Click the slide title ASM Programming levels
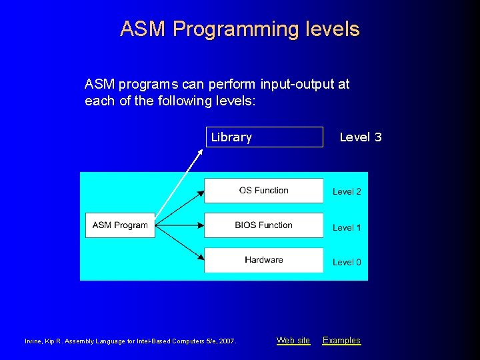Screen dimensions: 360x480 tap(239, 29)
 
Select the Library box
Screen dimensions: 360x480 tap(264, 137)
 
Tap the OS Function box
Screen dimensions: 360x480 tap(263, 191)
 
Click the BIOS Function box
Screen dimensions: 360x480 tap(263, 225)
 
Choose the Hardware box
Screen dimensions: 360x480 tap(263, 260)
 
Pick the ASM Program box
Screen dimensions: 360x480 tap(120, 225)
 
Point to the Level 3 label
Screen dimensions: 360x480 tap(360, 137)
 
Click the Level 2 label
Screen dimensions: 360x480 tap(347, 191)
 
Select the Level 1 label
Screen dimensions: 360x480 tap(347, 227)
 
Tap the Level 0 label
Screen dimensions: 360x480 tap(347, 262)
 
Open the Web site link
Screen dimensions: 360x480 tap(293, 341)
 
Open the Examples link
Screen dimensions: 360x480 tap(341, 341)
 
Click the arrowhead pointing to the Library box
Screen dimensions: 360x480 tap(201, 153)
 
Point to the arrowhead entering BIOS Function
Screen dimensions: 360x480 tap(199, 225)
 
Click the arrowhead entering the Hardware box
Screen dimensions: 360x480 tap(199, 257)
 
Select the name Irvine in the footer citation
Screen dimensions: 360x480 tap(33, 341)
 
